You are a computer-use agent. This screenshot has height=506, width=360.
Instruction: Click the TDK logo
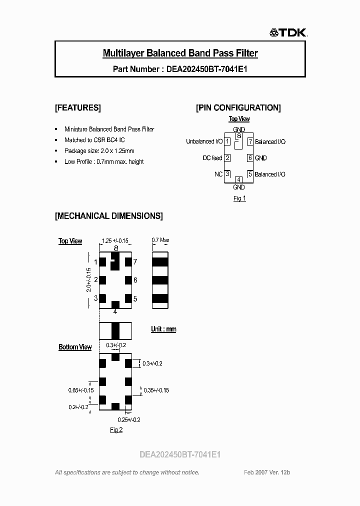tap(288, 33)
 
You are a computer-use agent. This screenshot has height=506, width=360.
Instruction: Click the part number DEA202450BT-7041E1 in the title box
tap(205, 69)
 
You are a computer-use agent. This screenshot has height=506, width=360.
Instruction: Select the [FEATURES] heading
tap(77, 107)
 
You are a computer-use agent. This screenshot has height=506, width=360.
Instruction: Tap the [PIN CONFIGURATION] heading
tap(238, 107)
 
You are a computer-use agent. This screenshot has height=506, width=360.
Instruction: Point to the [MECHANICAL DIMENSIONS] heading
tap(108, 216)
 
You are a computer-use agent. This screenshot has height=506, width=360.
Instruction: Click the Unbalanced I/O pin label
tap(204, 141)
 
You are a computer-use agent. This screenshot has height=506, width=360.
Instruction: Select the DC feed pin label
tap(212, 158)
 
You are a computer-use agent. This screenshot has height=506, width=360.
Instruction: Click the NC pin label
tap(218, 174)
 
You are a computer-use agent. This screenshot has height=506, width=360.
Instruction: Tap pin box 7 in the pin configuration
tap(250, 141)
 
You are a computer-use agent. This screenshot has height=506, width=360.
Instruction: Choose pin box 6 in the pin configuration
tap(250, 158)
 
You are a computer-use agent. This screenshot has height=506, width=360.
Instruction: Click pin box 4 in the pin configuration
tap(239, 179)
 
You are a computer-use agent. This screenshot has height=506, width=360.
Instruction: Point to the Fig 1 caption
tap(239, 198)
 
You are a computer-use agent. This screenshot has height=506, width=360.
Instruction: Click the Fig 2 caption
tap(116, 429)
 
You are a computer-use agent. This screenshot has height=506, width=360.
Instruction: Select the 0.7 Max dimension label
tap(160, 240)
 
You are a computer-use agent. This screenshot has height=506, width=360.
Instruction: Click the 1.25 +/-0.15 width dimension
tap(115, 240)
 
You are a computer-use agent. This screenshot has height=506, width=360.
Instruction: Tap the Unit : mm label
tap(163, 329)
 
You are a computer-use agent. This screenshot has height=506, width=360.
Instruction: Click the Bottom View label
tap(75, 347)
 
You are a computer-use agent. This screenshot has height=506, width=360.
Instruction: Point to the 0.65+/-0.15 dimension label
tap(80, 390)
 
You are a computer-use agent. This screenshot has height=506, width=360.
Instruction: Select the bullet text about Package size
tap(99, 150)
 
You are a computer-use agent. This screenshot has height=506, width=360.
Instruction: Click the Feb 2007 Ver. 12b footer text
tap(267, 472)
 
